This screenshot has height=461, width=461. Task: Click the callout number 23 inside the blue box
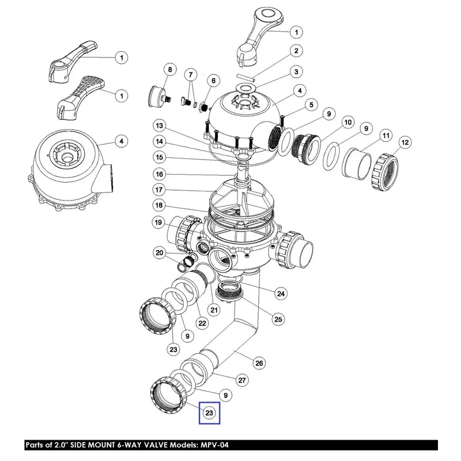click(x=209, y=413)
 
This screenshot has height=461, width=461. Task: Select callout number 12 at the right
click(x=405, y=142)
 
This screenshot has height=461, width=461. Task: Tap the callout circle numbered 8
click(x=170, y=70)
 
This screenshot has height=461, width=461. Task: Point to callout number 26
click(x=259, y=363)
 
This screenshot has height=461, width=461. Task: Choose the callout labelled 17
click(x=159, y=190)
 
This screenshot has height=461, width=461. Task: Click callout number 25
click(x=278, y=319)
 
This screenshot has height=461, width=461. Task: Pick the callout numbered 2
click(x=296, y=51)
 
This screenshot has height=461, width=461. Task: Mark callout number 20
click(x=160, y=253)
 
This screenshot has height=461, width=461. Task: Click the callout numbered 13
click(x=160, y=126)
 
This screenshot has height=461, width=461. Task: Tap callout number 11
click(x=386, y=135)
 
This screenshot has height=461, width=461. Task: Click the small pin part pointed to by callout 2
click(x=246, y=78)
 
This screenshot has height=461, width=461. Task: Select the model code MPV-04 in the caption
click(x=214, y=445)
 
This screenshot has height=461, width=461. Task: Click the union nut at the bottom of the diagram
click(x=169, y=395)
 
